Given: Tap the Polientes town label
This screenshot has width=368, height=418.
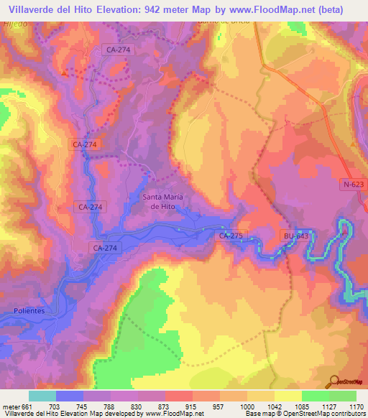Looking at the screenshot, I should click(x=29, y=311).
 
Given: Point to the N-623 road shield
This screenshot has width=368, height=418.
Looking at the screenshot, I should click(x=349, y=185).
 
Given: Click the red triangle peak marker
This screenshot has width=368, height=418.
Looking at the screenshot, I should click(x=65, y=72).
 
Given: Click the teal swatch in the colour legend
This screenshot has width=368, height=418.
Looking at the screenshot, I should click(x=42, y=396).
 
